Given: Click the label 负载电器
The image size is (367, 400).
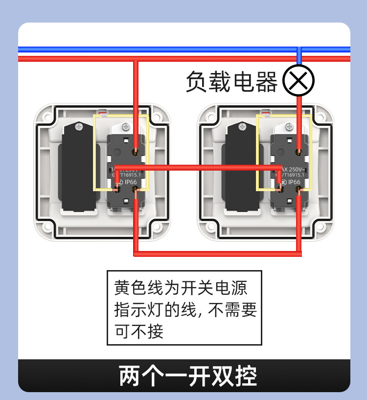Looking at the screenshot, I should (231, 81).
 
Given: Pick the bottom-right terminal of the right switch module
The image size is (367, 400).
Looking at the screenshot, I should (299, 200).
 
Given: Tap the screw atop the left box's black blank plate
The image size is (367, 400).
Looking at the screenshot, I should (78, 127).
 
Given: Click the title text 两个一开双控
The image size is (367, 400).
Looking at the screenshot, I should (188, 376).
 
